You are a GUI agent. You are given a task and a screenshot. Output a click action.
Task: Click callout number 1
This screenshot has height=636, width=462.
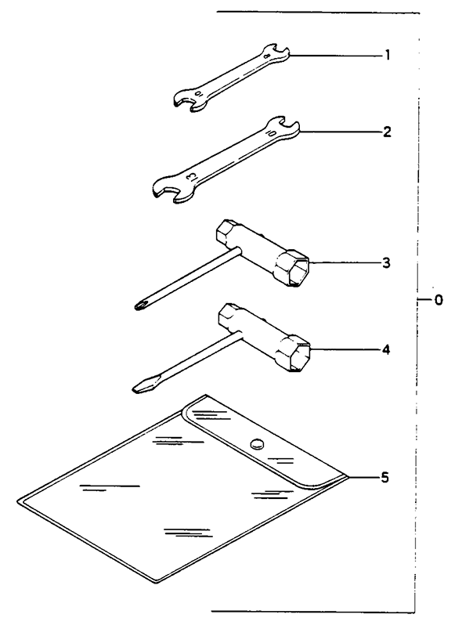click(x=388, y=55)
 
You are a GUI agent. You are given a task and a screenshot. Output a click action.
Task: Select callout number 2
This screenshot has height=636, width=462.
click(x=387, y=132)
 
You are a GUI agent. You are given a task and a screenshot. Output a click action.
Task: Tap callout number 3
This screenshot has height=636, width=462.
click(x=386, y=263)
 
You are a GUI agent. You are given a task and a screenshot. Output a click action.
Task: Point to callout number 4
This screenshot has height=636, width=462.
click(x=386, y=349)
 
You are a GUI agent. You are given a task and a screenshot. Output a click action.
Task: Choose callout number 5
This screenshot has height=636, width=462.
click(x=384, y=478)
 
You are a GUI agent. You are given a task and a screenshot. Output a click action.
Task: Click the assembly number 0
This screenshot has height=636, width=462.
click(x=438, y=300)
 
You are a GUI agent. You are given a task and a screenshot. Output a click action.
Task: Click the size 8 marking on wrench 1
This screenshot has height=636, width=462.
click(x=267, y=56)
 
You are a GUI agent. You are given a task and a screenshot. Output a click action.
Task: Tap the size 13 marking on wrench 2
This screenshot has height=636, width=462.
click(x=190, y=177)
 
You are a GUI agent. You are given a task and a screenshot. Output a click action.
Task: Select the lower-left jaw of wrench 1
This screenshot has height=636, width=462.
click(x=187, y=100)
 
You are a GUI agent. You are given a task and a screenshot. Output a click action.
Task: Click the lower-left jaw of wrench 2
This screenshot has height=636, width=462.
click(x=172, y=190)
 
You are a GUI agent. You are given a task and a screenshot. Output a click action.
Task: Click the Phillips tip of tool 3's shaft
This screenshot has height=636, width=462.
click(x=140, y=305)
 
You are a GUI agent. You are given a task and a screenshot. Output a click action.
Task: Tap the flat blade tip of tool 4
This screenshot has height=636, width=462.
click(x=139, y=388)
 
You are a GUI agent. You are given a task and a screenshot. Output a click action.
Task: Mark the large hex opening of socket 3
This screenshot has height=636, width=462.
click(x=299, y=271)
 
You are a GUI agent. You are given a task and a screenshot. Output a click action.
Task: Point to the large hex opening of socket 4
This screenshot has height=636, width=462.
click(x=301, y=356)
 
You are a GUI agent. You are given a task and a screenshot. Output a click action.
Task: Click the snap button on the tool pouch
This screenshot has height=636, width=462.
click(x=257, y=443)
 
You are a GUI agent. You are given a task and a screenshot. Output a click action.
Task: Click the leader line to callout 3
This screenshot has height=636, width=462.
click(x=344, y=263)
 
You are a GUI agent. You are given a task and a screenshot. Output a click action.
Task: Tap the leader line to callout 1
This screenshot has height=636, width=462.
click(x=335, y=55)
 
